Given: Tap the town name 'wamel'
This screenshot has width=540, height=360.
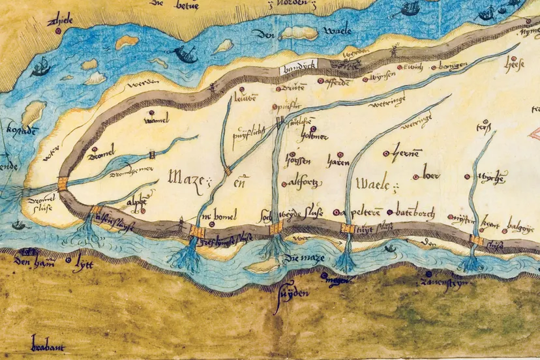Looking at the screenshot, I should [158, 121].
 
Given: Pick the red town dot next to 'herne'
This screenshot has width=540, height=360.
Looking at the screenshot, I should [385, 154].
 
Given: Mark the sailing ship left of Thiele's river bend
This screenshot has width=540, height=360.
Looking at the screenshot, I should [41, 66].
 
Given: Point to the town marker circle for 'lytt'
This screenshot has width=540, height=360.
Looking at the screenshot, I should [70, 260].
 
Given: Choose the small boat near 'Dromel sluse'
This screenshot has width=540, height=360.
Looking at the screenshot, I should [18, 225].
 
